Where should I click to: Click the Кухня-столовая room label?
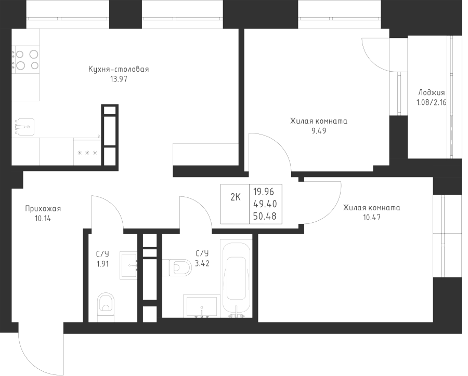(119, 70)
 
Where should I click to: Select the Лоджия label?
(431, 93)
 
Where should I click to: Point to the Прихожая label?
(43, 209)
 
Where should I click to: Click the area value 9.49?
(318, 131)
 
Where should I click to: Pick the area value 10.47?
(371, 218)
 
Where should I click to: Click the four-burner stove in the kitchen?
(27, 59)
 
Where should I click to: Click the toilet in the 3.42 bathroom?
(178, 267)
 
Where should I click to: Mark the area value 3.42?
(202, 263)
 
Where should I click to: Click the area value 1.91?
(102, 263)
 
